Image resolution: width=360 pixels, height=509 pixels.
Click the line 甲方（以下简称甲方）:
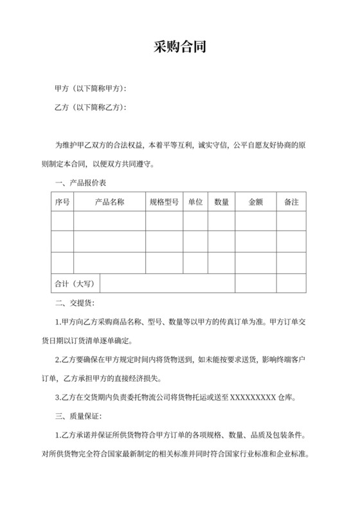click(90, 88)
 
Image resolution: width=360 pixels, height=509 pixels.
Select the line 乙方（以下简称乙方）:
click(90, 107)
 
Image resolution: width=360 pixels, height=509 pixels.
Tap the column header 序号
click(62, 202)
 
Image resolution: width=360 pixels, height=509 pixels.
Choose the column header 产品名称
click(109, 202)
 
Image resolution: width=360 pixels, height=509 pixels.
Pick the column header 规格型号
click(164, 202)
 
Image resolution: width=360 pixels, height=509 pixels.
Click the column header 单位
click(195, 202)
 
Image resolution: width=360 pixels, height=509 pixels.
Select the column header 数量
click(222, 202)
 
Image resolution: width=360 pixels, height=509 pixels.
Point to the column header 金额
click(255, 202)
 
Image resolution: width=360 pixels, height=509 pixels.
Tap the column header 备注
click(291, 202)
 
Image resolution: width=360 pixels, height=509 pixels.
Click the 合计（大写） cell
click(75, 283)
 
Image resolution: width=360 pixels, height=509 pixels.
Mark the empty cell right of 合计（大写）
click(203, 283)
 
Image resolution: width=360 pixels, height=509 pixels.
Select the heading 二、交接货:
click(75, 302)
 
